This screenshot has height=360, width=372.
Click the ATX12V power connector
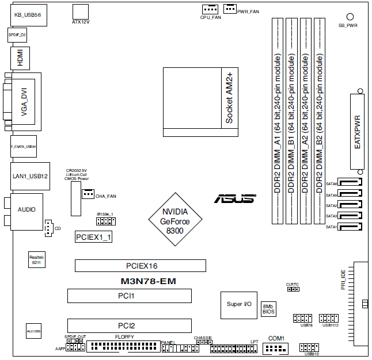pos(81,12)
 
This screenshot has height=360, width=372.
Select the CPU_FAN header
pos(210,9)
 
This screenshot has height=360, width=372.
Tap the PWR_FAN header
pos(230,7)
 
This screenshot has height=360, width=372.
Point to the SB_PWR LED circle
pos(350,17)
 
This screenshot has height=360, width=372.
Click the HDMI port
pos(20,59)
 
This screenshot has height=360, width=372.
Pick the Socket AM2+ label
pos(229,98)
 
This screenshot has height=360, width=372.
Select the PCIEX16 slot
pos(140,266)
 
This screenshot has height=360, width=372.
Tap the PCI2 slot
pos(130,325)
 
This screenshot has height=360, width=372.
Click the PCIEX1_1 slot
pos(94,236)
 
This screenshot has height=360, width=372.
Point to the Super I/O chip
pos(238,304)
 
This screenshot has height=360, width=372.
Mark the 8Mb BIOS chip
pos(268,309)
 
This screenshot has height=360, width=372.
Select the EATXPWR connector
pos(357,131)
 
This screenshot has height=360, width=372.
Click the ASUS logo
pos(234,198)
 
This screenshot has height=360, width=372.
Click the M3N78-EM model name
pos(140,281)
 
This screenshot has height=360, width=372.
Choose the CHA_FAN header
pos(88,194)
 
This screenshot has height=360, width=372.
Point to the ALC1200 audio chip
pos(33,332)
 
